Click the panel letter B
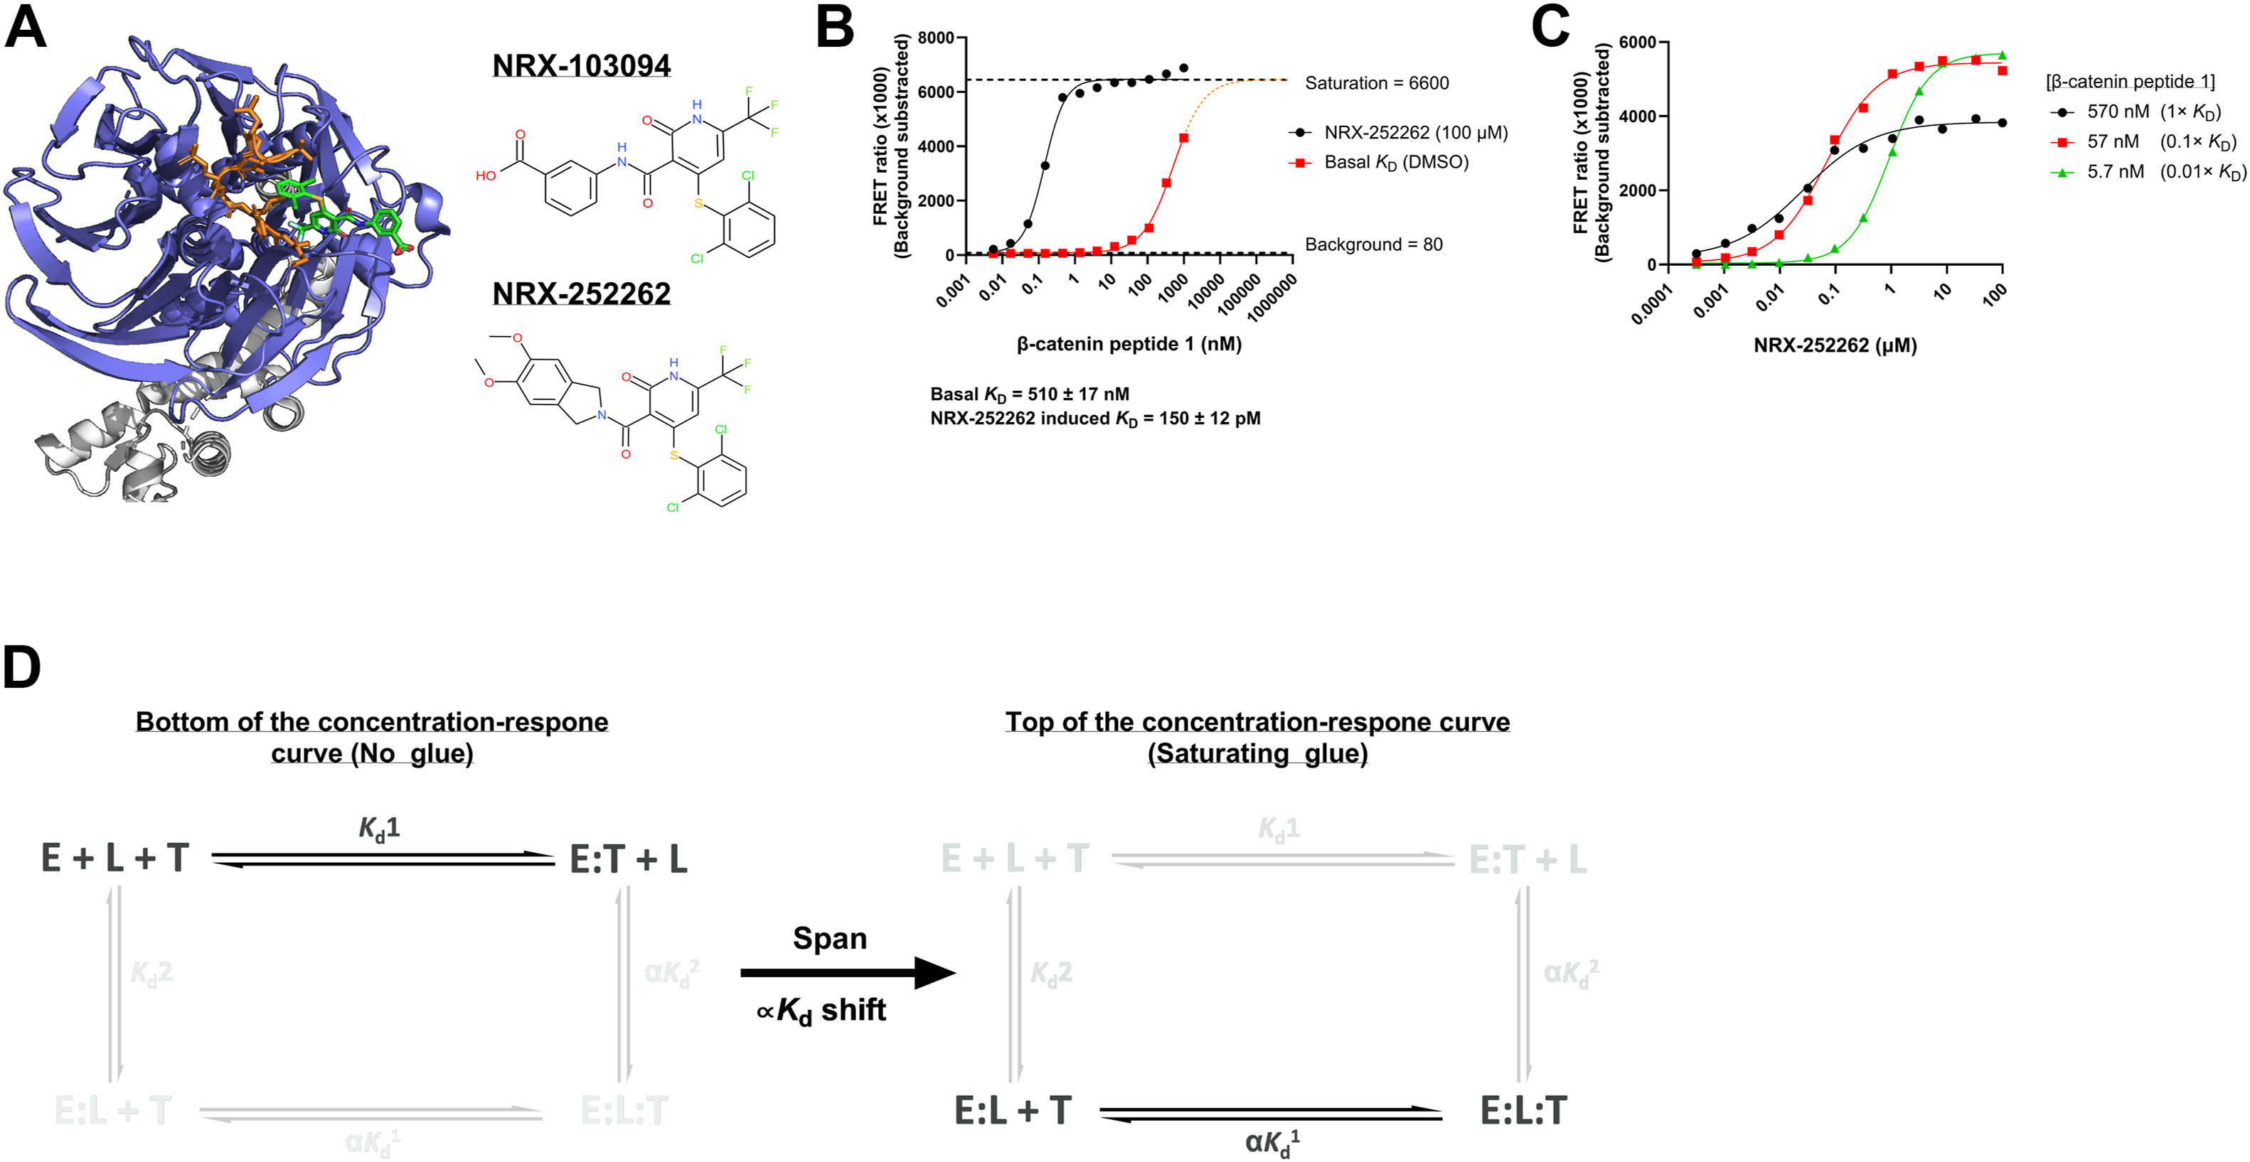point(835,27)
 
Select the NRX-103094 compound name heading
point(582,65)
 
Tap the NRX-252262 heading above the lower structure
point(582,294)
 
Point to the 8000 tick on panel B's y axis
point(937,38)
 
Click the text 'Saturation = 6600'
point(1377,83)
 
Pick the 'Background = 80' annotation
point(1373,244)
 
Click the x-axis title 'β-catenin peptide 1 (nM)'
point(1129,344)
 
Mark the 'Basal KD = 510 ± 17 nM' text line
point(1030,394)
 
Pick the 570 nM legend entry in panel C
point(2135,112)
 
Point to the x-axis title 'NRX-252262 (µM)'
point(1835,345)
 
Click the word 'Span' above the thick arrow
point(830,939)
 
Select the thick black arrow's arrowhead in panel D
point(934,972)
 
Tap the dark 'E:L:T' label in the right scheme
point(1523,1111)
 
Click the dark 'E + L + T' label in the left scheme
point(115,859)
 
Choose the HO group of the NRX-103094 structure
point(486,176)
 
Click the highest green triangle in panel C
point(2002,55)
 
